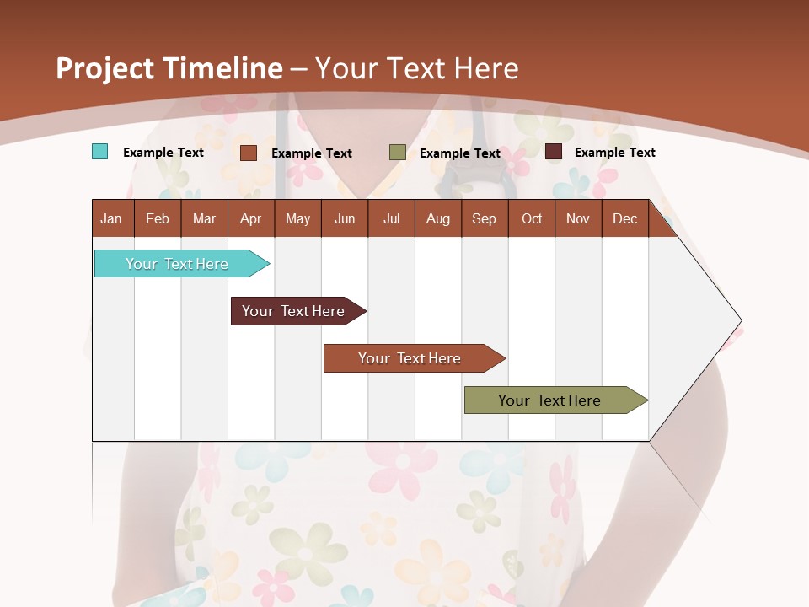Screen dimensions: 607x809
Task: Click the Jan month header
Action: [x=111, y=218]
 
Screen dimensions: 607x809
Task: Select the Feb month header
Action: [x=158, y=218]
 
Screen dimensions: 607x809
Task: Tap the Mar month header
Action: [x=204, y=218]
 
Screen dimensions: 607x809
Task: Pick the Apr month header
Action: [x=251, y=218]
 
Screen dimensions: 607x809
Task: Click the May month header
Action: [x=297, y=218]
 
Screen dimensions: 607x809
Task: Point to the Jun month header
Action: [x=345, y=218]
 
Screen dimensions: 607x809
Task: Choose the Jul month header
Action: [x=391, y=218]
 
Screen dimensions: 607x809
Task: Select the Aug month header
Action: [x=438, y=218]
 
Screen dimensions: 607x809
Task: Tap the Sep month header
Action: [x=485, y=218]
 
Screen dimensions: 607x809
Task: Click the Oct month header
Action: [x=532, y=218]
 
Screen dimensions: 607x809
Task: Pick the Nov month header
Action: [x=578, y=218]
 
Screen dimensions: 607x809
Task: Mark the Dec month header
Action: [x=625, y=218]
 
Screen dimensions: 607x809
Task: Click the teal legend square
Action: [x=99, y=152]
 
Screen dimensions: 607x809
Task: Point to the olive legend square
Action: [x=398, y=153]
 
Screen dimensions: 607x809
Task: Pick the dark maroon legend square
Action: [x=554, y=152]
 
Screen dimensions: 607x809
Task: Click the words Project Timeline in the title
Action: [x=169, y=68]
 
